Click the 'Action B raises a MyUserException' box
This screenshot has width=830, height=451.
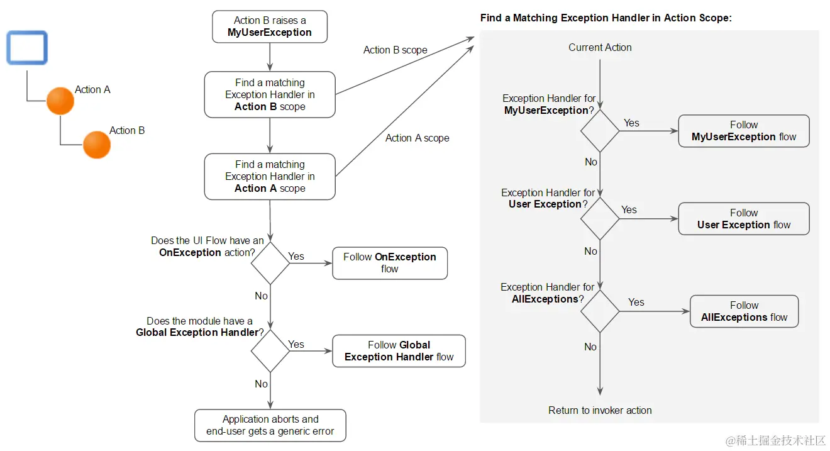pos(269,26)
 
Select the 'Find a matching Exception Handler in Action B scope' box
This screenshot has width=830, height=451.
pos(270,94)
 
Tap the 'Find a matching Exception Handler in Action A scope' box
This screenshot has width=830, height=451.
pos(270,176)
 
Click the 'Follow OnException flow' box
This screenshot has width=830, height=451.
pos(389,263)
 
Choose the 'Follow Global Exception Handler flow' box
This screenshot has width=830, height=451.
pos(399,351)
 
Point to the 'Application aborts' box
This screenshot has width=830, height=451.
pos(270,425)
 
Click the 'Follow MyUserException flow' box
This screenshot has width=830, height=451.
pos(743,131)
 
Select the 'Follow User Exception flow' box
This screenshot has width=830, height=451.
pos(743,219)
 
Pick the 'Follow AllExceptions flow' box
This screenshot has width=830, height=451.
pos(743,311)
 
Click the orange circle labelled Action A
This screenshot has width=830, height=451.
pos(60,101)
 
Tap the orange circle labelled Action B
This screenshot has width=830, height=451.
pos(97,145)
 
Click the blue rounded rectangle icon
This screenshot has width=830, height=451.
pos(27,48)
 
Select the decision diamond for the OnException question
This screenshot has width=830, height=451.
pos(270,263)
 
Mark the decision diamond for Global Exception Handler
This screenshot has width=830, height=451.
pos(270,351)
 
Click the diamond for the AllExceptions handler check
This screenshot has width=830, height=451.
pos(600,311)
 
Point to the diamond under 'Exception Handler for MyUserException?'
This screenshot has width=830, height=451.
pos(600,131)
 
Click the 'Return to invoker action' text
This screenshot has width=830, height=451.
pos(600,410)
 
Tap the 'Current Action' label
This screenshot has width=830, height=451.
pos(600,47)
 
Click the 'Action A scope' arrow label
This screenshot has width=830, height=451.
pos(417,138)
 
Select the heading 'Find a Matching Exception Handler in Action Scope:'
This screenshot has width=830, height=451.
pos(606,18)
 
